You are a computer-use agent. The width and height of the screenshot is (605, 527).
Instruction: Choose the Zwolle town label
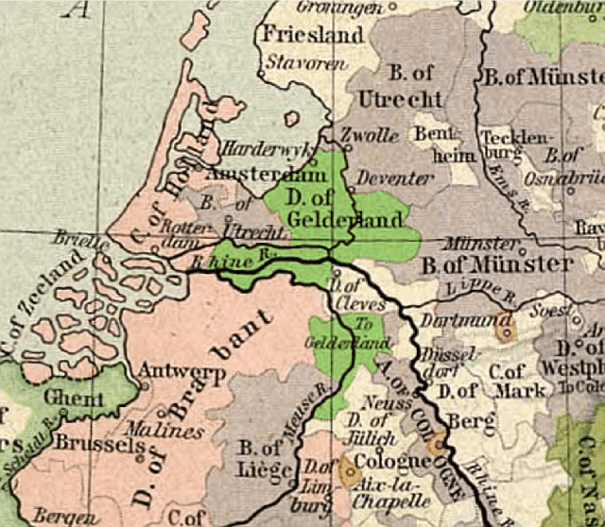click(x=369, y=135)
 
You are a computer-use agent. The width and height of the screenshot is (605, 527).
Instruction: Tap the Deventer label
click(x=387, y=178)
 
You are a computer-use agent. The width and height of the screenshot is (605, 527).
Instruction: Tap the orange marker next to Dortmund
click(x=504, y=330)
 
